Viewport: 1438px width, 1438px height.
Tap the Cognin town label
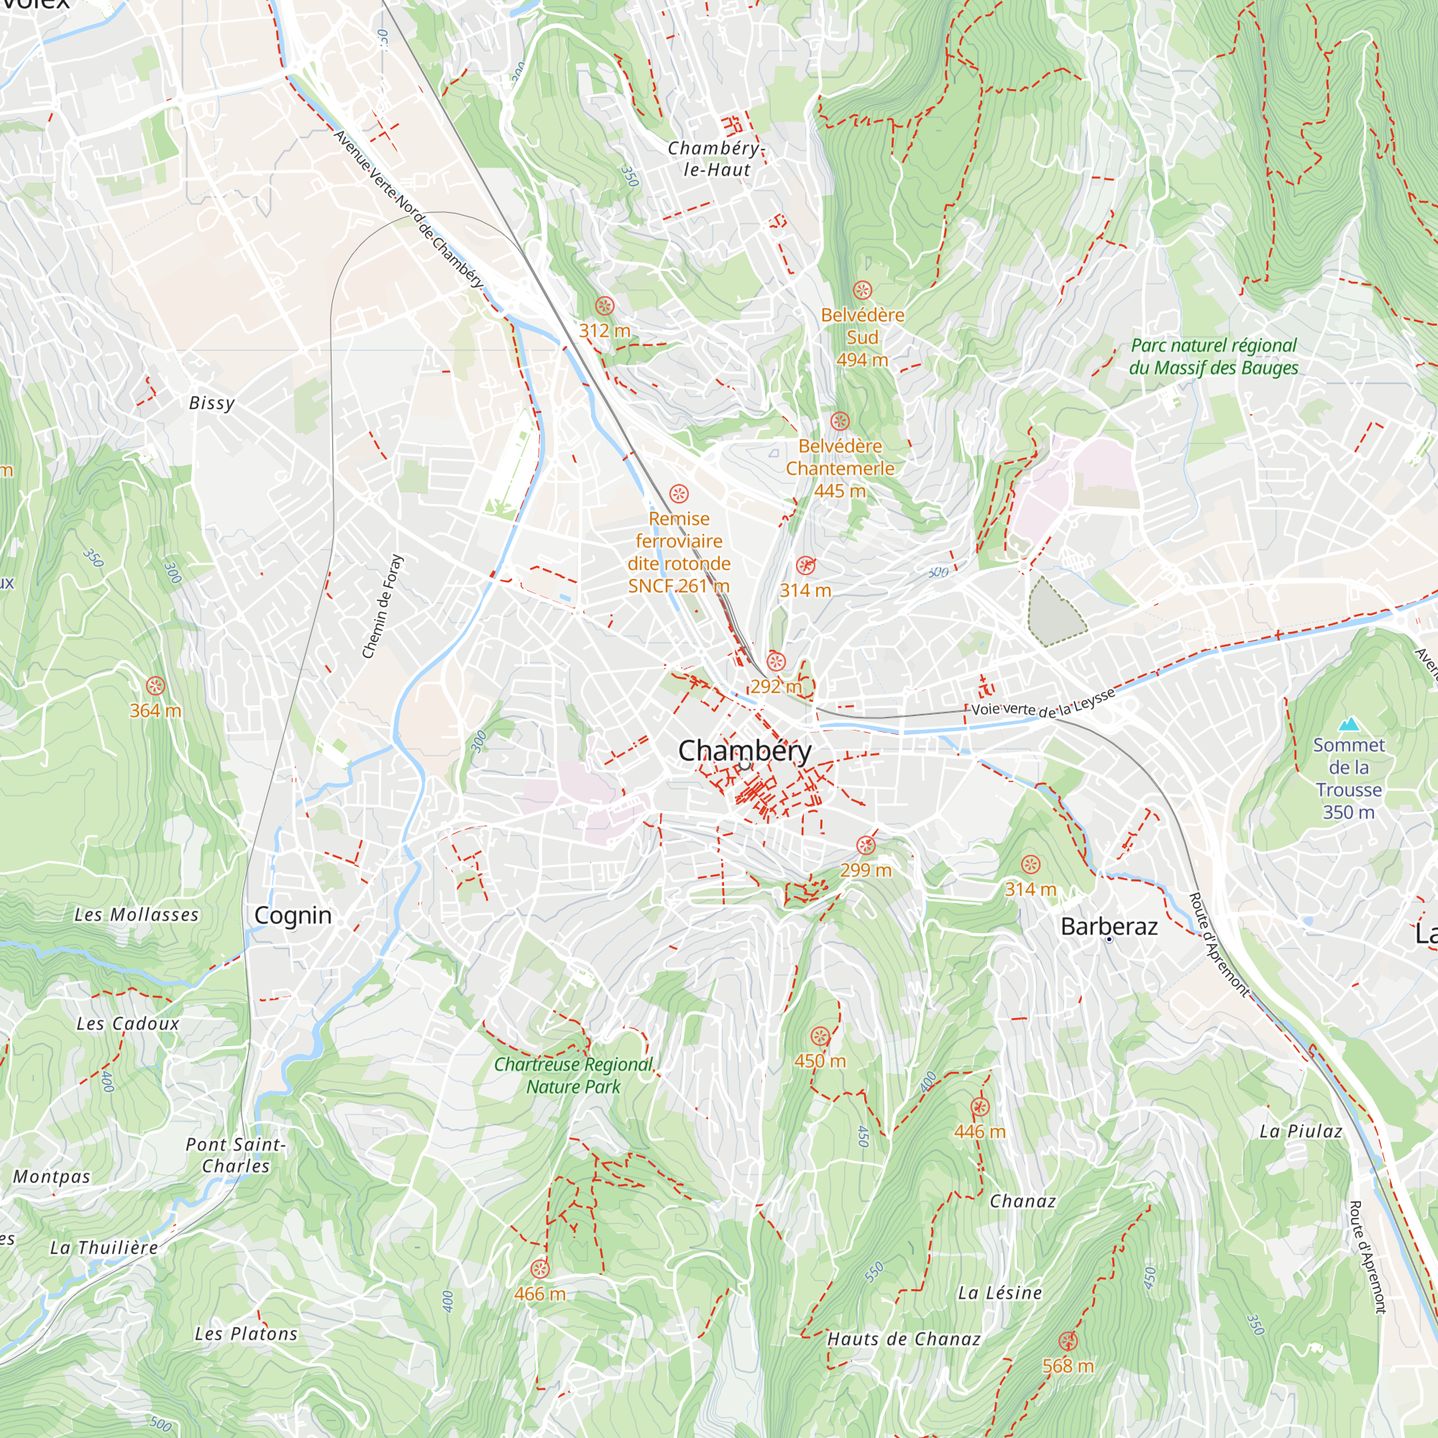point(293,915)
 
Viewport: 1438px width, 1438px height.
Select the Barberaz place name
point(1109,927)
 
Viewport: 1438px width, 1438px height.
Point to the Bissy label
point(211,403)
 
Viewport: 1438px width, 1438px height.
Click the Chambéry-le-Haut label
point(715,158)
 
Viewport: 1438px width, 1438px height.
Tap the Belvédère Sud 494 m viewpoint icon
point(862,290)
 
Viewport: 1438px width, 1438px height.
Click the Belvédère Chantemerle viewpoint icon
point(840,421)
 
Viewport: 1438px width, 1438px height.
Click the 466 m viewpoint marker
point(540,1269)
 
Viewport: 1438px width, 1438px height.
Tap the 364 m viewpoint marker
point(155,685)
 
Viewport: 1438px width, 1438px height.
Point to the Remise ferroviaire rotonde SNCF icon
point(679,493)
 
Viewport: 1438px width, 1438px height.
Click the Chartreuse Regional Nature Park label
point(573,1076)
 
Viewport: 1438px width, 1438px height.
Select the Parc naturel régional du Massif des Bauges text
point(1213,357)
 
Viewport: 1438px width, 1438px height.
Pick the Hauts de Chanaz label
point(904,1339)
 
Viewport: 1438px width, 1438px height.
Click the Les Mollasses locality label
point(136,915)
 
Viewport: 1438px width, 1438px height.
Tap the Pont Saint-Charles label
point(235,1155)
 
